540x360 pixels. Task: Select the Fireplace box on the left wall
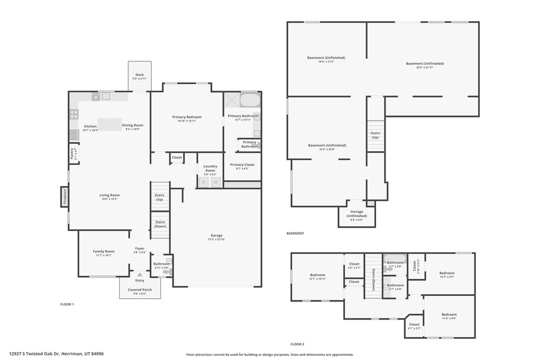tap(65, 197)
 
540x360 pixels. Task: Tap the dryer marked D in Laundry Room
tap(204, 182)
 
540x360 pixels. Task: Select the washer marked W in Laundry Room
tap(216, 182)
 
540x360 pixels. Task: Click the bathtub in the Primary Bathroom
tap(249, 100)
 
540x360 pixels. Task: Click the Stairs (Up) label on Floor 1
tap(159, 197)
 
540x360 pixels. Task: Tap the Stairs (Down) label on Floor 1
tap(160, 224)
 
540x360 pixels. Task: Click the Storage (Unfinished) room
tap(356, 215)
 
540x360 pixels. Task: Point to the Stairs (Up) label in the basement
tap(375, 135)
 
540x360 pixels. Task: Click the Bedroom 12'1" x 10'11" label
tap(317, 276)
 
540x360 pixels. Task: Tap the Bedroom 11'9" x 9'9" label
tap(449, 316)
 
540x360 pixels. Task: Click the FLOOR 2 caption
tap(297, 344)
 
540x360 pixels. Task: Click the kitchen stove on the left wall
tap(74, 114)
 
